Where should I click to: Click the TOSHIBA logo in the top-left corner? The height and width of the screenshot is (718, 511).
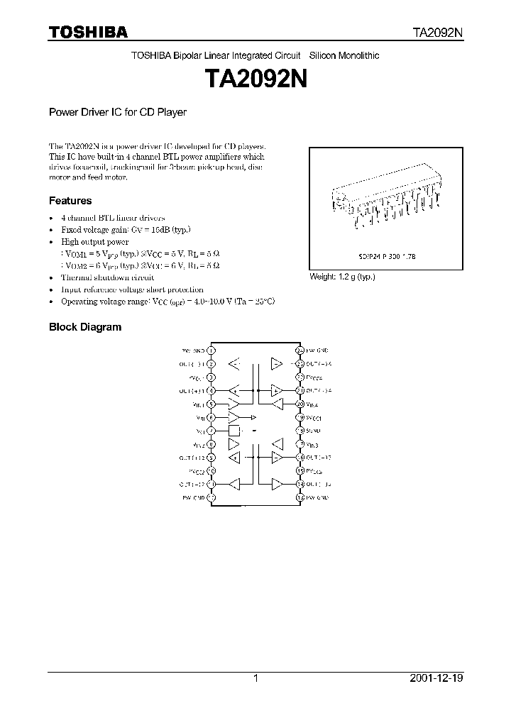pos(88,32)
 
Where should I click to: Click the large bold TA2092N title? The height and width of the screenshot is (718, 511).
pos(256,79)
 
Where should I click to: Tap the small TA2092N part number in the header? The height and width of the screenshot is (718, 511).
pos(439,33)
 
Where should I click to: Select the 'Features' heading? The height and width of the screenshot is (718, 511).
pos(70,201)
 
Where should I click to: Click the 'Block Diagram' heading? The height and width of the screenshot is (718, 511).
pos(84,327)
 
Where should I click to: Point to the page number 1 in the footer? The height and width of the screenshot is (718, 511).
pos(255,678)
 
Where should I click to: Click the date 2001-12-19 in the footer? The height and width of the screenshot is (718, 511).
pos(436,678)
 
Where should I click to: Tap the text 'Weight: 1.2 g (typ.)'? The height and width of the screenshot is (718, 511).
pos(342,277)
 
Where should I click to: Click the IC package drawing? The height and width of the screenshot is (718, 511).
pos(385,201)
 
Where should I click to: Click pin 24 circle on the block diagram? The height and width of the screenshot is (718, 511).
pos(300,350)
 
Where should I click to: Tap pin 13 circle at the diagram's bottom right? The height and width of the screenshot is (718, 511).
pos(300,498)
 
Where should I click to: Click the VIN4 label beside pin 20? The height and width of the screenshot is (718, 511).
pos(313,404)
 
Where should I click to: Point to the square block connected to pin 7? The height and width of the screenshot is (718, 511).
pos(233,431)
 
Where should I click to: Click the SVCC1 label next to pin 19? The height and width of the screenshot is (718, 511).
pos(314,417)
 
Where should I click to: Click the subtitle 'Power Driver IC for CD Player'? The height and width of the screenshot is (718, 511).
pos(117,112)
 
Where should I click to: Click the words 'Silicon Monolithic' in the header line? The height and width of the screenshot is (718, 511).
pos(344,56)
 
